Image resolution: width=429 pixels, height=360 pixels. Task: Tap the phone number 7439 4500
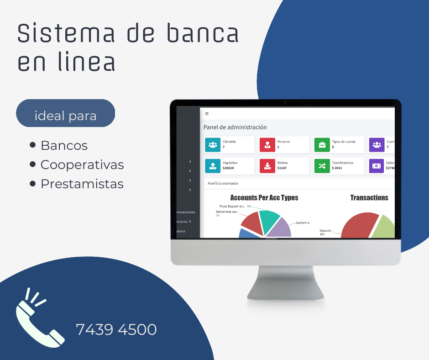pyautogui.click(x=116, y=329)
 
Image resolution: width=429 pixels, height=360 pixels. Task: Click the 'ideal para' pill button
pyautogui.click(x=65, y=116)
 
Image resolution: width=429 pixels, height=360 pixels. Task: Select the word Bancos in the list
pyautogui.click(x=64, y=146)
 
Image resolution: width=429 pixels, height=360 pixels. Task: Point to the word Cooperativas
pyautogui.click(x=82, y=165)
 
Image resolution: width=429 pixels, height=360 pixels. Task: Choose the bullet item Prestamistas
pyautogui.click(x=82, y=184)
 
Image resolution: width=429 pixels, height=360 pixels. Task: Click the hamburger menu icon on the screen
pyautogui.click(x=207, y=113)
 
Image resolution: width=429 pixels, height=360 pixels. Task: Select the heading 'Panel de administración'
pyautogui.click(x=235, y=127)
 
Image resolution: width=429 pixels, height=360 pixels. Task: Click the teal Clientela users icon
pyautogui.click(x=213, y=145)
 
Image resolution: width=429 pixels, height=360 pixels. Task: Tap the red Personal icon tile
pyautogui.click(x=267, y=145)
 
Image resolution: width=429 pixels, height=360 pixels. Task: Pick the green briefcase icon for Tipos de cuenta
pyautogui.click(x=322, y=145)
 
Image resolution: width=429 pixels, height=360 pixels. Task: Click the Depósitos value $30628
pyautogui.click(x=228, y=168)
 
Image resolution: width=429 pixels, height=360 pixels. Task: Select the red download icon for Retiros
pyautogui.click(x=267, y=166)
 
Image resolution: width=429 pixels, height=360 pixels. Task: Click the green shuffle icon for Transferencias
pyautogui.click(x=322, y=166)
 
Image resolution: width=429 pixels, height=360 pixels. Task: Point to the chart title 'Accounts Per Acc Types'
pyautogui.click(x=264, y=198)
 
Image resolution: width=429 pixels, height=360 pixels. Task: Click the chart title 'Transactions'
pyautogui.click(x=369, y=198)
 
